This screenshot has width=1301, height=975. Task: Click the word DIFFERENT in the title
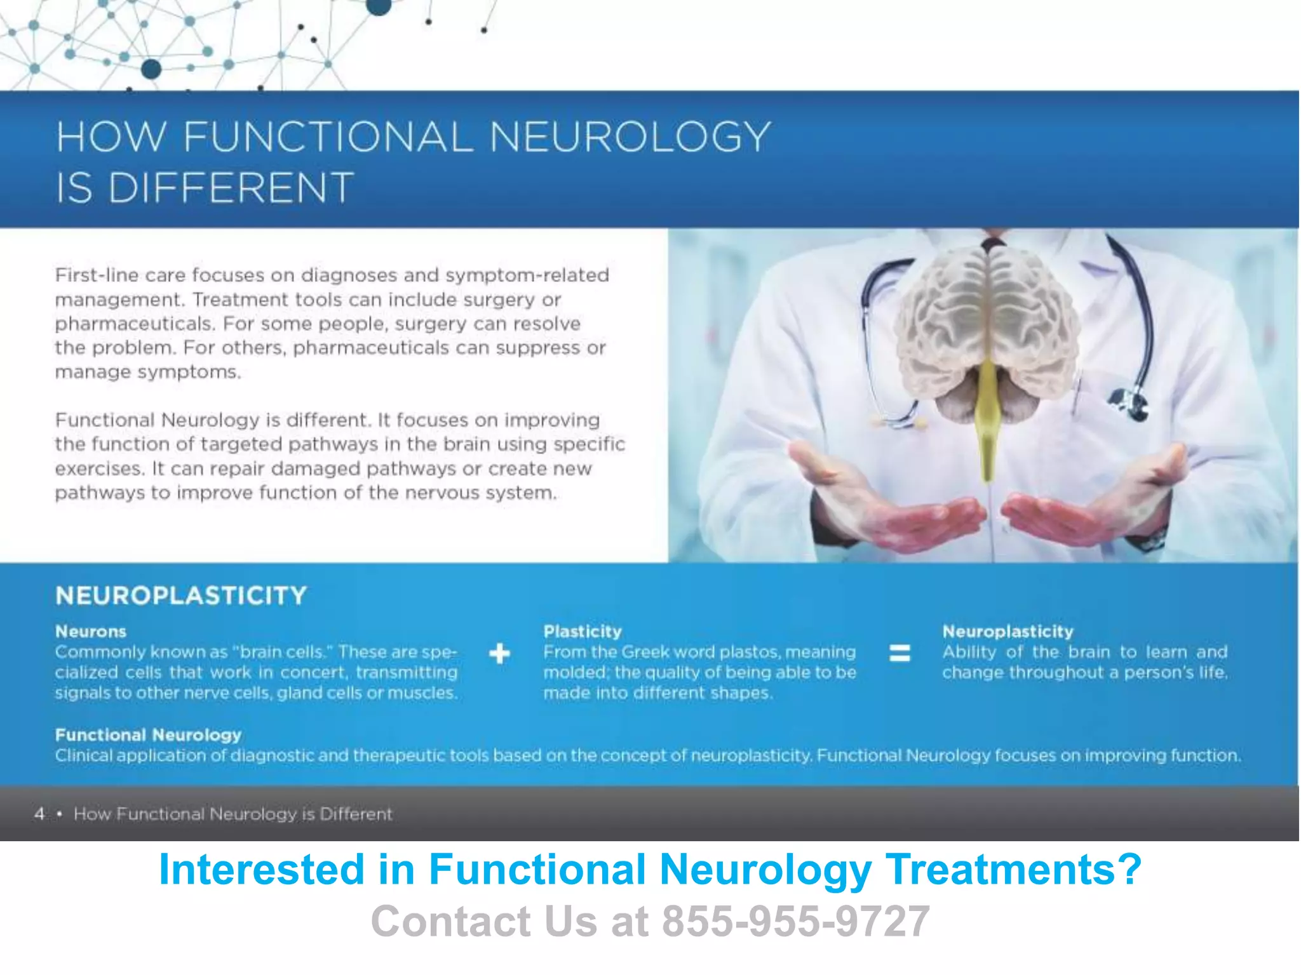pos(231,188)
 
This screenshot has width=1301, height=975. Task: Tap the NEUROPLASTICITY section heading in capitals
pos(181,596)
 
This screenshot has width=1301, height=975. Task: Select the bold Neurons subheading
pos(91,632)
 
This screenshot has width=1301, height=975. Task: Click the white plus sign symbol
pos(500,653)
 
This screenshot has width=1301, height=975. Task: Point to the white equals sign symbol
pos(900,653)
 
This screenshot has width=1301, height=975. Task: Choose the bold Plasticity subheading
pos(583,632)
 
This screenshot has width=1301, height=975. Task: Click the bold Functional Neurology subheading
pos(148,735)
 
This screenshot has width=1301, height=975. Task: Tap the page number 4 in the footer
pos(39,814)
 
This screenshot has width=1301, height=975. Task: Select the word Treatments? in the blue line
pos(1013,869)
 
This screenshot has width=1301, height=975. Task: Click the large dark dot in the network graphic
pos(151,69)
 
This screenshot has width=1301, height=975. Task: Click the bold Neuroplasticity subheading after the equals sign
pos(1008,632)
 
